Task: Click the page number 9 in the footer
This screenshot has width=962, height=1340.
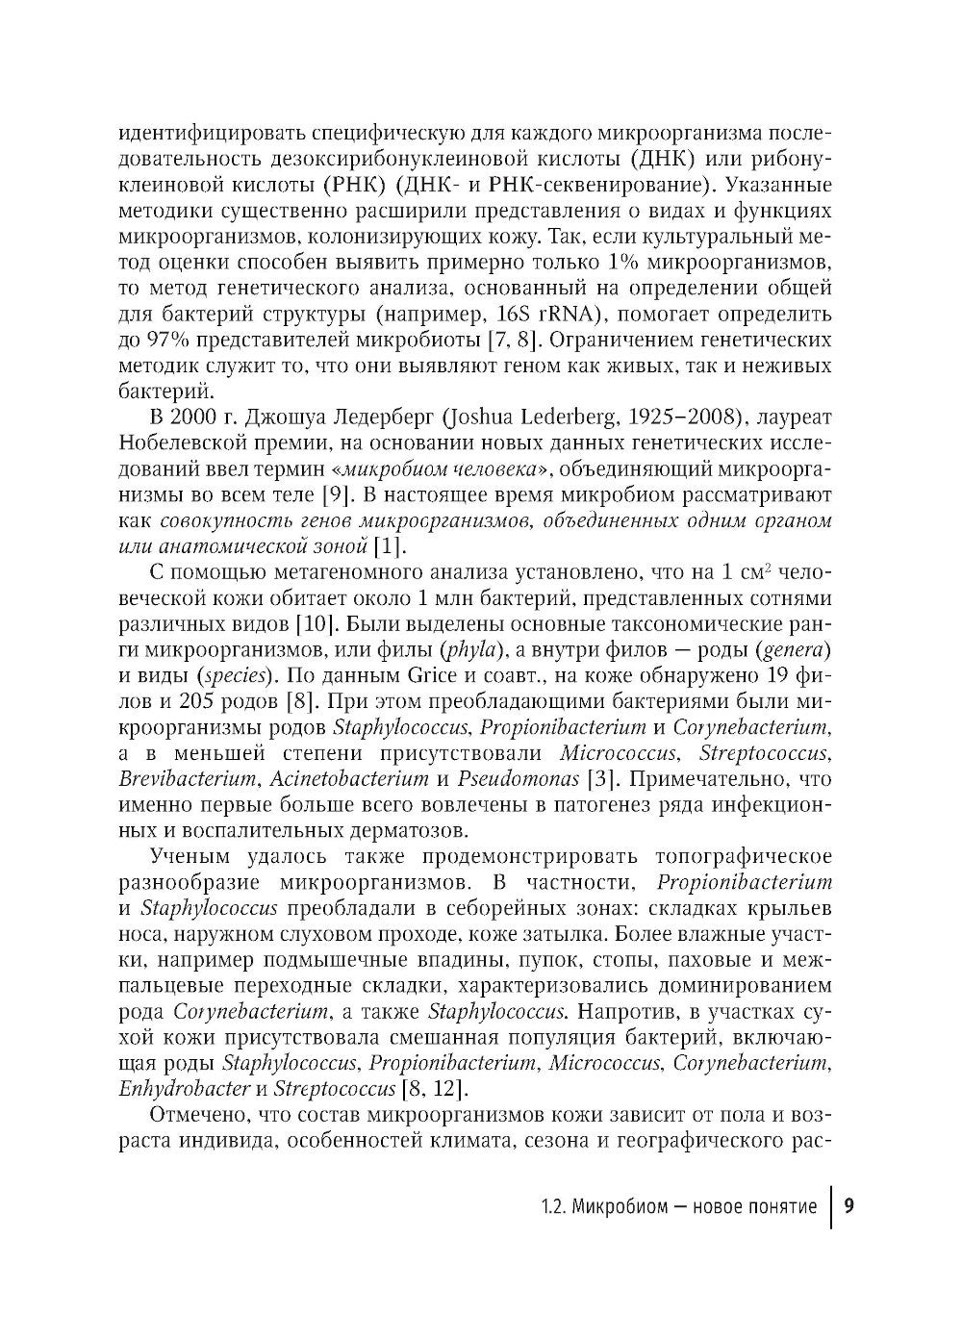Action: click(x=849, y=1206)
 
